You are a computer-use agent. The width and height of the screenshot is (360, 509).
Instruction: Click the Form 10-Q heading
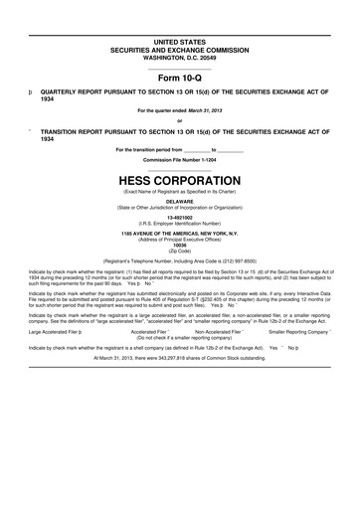coord(179,79)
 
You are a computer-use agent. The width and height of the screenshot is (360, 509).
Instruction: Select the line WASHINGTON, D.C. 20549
coord(179,56)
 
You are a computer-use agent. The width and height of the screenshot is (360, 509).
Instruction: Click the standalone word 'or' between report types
coord(179,121)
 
